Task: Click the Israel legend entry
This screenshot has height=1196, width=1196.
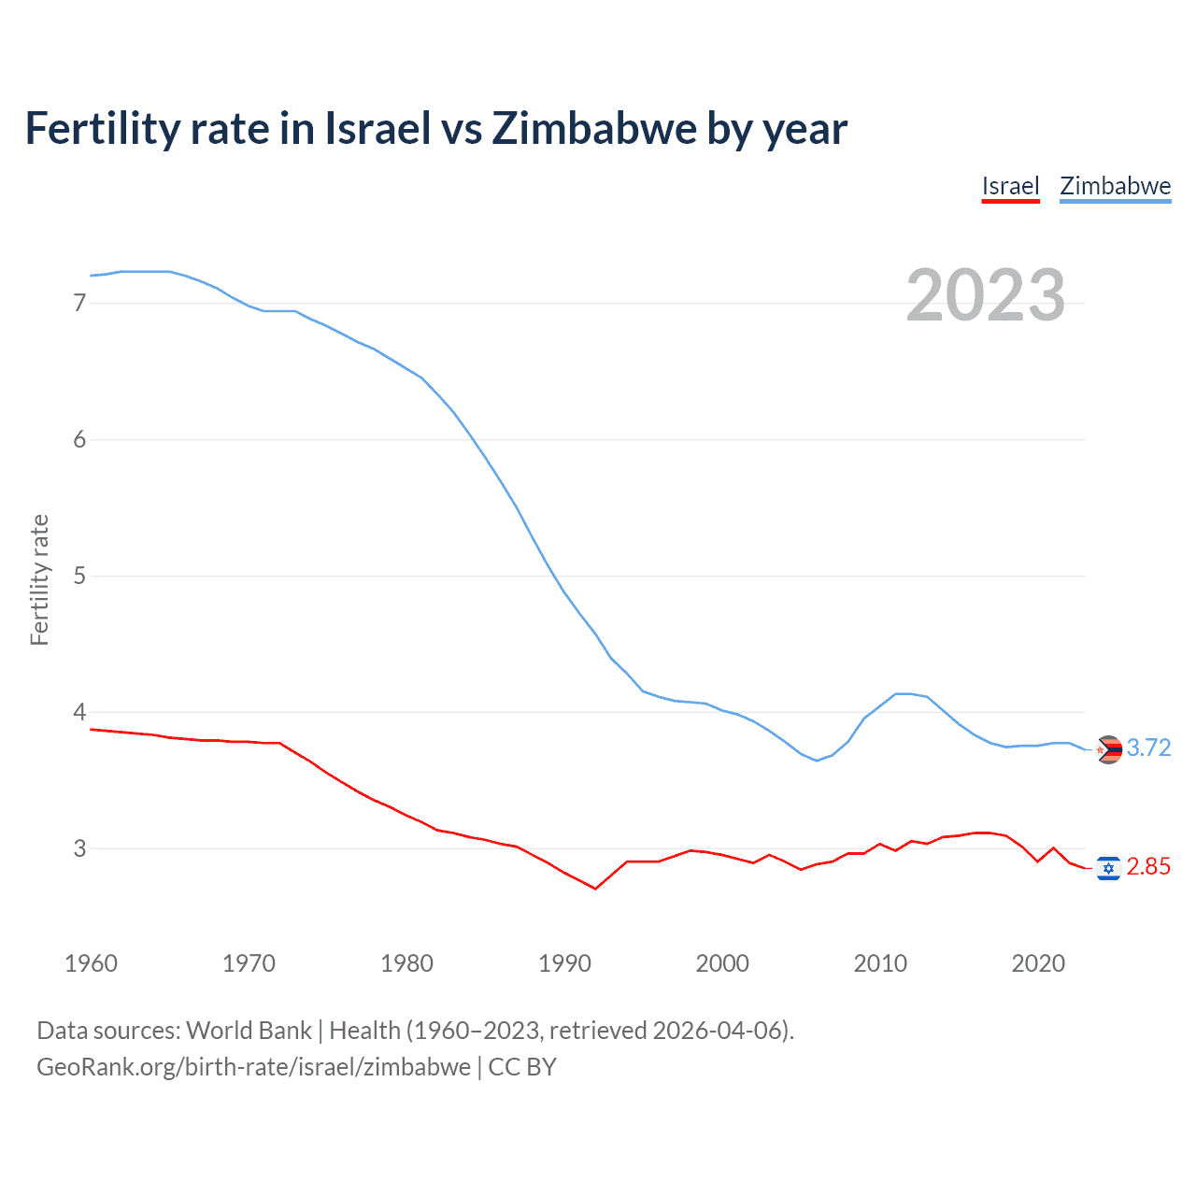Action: (1010, 186)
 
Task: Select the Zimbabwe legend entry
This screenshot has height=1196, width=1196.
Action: (1115, 186)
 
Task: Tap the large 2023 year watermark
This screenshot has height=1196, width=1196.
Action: (985, 295)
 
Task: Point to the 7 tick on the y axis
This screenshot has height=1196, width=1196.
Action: (79, 303)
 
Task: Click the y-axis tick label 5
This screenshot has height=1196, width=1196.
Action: (79, 576)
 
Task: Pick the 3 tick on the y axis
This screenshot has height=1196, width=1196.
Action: (79, 848)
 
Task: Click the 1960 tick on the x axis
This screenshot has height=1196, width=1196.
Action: (91, 963)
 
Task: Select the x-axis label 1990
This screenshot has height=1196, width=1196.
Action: (564, 963)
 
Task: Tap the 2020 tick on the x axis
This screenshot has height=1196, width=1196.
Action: (1038, 963)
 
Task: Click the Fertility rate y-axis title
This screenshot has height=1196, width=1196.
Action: (39, 579)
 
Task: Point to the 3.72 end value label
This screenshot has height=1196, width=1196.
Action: (1148, 747)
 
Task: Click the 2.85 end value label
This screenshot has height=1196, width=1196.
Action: (1148, 867)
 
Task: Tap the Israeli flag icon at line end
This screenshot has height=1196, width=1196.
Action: (1108, 868)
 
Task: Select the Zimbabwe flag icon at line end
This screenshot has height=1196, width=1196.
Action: (1108, 749)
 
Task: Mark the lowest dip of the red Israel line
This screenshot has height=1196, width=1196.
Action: (595, 888)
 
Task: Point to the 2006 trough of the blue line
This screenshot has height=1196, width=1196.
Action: (817, 761)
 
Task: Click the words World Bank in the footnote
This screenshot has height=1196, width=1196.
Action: (249, 1031)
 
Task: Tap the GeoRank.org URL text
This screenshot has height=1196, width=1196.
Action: (253, 1067)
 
